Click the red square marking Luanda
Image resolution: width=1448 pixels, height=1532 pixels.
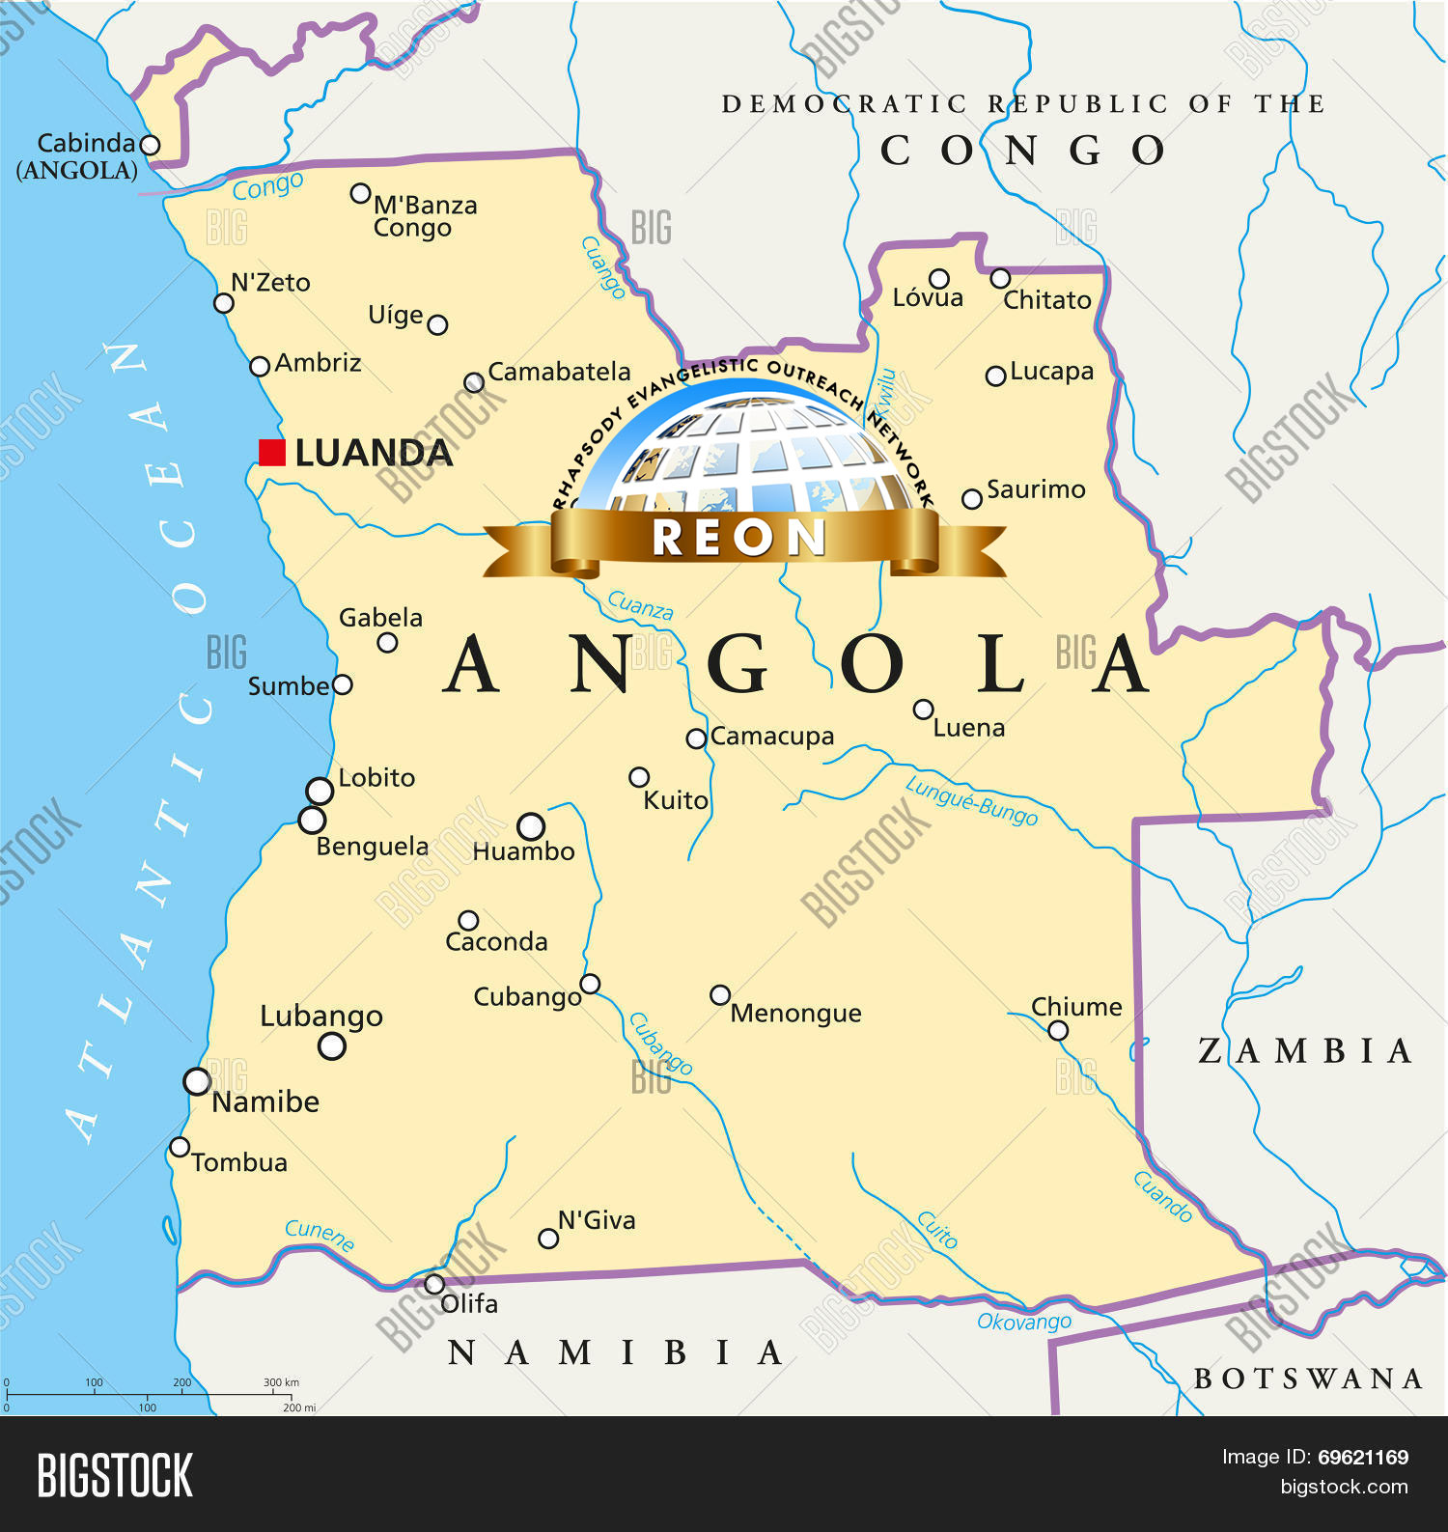tap(272, 453)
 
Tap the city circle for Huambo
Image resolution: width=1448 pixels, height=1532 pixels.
tap(531, 826)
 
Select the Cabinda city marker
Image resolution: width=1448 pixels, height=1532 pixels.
tap(150, 145)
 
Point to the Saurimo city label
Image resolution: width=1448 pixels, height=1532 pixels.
tap(1035, 489)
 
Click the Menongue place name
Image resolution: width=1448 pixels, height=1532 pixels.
tap(795, 1013)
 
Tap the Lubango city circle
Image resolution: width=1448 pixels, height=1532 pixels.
tap(332, 1045)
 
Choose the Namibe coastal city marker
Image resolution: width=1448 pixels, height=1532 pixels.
tap(197, 1081)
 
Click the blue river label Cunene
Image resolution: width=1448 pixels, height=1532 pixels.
tap(320, 1234)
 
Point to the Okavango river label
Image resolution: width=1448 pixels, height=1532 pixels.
tap(1024, 1322)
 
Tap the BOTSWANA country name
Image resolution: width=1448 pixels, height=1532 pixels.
tap(1308, 1379)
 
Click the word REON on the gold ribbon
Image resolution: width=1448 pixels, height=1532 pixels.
tap(738, 538)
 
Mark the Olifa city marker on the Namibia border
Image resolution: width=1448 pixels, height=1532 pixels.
tap(434, 1284)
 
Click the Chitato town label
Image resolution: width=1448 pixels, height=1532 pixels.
tap(1046, 300)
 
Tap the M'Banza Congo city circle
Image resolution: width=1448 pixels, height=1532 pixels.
tap(360, 193)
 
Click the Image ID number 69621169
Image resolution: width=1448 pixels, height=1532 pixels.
tap(1363, 1458)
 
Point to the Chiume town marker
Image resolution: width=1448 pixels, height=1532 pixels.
tap(1058, 1030)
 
